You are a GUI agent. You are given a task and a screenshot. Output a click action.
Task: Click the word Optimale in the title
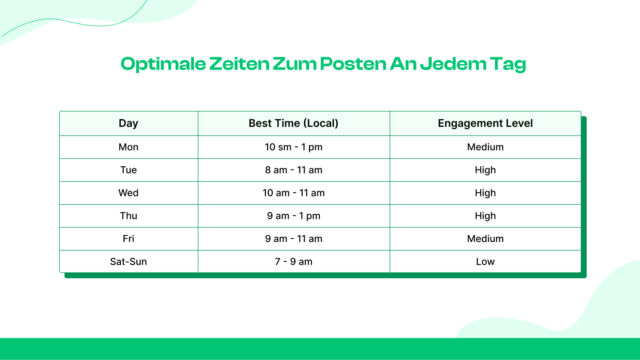coord(163,64)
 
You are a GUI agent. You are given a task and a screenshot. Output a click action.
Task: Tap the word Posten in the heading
coord(353,64)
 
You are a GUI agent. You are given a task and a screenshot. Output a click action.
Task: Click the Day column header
coord(128,123)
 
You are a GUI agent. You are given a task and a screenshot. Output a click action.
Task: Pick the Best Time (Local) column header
coord(293,123)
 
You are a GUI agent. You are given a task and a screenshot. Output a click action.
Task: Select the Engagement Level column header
coord(485,123)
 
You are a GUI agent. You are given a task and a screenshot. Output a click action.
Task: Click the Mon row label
coord(128,147)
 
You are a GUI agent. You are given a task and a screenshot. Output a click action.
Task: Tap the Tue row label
coord(128,170)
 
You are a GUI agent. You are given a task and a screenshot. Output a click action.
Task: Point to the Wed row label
coord(128,193)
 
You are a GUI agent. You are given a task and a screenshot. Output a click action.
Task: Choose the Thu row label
coord(128,216)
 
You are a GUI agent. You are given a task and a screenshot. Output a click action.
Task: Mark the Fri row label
coord(128,239)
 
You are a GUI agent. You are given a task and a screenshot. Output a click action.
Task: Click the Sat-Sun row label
coord(128,262)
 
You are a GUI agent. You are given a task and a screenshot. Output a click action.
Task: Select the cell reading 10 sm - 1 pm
coord(293,147)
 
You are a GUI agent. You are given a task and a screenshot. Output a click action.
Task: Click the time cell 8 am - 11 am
coord(293,170)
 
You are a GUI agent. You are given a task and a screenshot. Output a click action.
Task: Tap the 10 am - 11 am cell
coord(293,193)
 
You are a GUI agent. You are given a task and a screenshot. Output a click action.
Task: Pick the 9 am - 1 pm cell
coord(293,216)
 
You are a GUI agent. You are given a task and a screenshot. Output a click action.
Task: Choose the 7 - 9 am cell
coord(293,262)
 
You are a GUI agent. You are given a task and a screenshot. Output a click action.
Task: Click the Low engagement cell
coord(485,262)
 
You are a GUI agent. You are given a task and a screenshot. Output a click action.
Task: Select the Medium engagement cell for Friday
coord(485,239)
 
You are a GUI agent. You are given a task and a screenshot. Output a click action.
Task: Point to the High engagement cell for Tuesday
coord(485,170)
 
